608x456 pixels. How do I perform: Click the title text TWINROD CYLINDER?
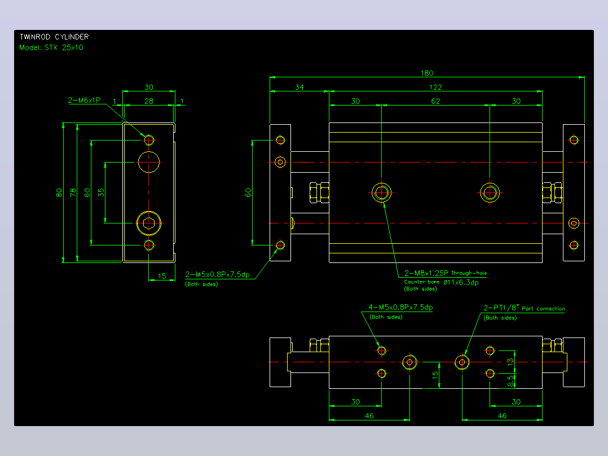click(54, 37)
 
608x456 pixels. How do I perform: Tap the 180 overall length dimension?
click(427, 73)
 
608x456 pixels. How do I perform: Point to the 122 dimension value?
click(435, 87)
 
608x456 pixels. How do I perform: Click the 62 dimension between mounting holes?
click(435, 101)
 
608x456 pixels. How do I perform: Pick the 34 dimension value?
click(299, 87)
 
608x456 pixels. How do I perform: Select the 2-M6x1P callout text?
click(84, 100)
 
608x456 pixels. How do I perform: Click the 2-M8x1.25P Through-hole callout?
click(446, 273)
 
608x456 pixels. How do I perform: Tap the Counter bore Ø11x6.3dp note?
click(441, 282)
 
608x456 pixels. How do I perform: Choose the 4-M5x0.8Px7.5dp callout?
click(400, 307)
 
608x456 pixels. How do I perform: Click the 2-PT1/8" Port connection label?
click(524, 308)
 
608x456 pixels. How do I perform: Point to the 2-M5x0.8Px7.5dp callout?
click(218, 274)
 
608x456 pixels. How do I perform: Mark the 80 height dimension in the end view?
click(59, 192)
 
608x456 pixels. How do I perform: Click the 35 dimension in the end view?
click(101, 192)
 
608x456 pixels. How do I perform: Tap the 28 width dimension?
click(149, 101)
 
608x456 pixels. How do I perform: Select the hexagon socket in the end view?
click(149, 223)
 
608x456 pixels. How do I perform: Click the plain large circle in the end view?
click(149, 152)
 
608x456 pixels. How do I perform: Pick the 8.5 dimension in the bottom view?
click(510, 380)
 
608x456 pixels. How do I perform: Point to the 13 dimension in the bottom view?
click(510, 362)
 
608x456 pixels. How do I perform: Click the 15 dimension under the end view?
click(162, 276)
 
